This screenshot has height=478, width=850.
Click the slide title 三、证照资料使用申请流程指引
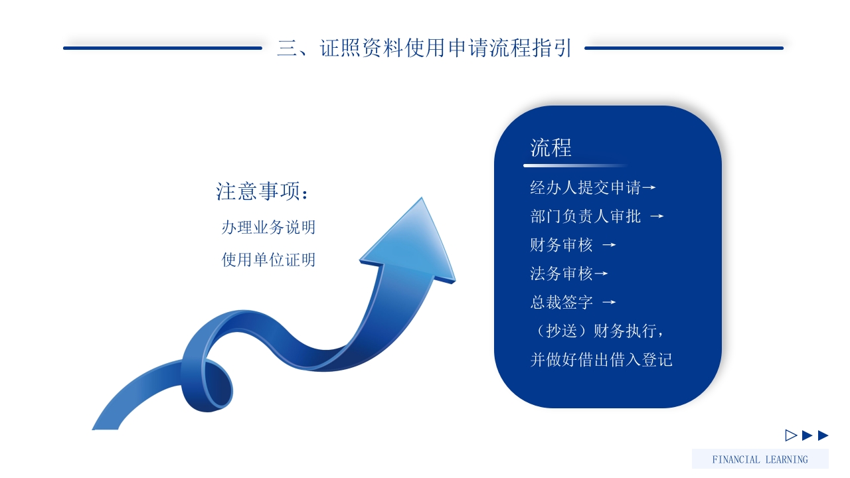pyautogui.click(x=424, y=48)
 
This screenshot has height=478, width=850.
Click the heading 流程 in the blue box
pyautogui.click(x=551, y=147)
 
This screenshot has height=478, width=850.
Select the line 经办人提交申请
pyautogui.click(x=585, y=188)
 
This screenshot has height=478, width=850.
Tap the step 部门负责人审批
pyautogui.click(x=585, y=216)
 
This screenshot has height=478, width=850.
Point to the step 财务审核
pyautogui.click(x=561, y=245)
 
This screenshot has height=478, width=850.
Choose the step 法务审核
pyautogui.click(x=561, y=274)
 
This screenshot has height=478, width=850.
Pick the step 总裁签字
pyautogui.click(x=561, y=303)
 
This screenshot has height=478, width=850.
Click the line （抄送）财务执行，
pyautogui.click(x=597, y=331)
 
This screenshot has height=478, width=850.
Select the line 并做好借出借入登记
pyautogui.click(x=601, y=360)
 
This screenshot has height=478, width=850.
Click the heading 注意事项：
pyautogui.click(x=263, y=191)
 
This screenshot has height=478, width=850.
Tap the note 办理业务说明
pyautogui.click(x=268, y=228)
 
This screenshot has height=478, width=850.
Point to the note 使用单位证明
pyautogui.click(x=268, y=260)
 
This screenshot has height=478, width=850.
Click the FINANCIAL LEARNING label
pyautogui.click(x=760, y=459)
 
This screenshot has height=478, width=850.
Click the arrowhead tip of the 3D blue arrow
pyautogui.click(x=420, y=200)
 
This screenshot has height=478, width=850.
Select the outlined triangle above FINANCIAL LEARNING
pyautogui.click(x=790, y=436)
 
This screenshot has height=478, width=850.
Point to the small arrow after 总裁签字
pyautogui.click(x=609, y=303)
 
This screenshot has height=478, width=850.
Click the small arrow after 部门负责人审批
pyautogui.click(x=657, y=216)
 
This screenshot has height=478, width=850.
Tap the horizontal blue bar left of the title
pyautogui.click(x=163, y=48)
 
